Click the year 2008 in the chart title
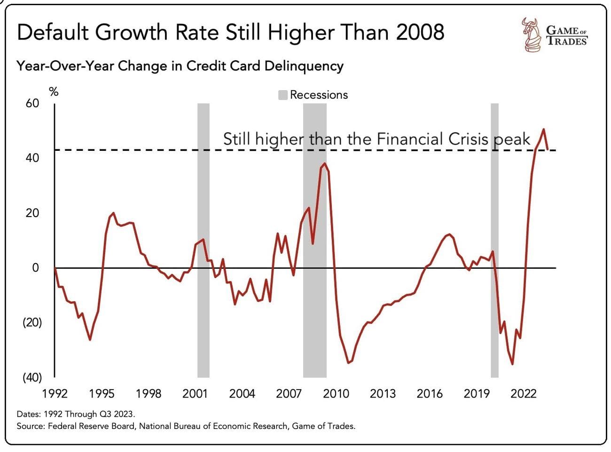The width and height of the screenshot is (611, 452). (x=420, y=32)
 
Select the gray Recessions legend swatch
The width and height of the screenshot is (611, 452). (x=282, y=95)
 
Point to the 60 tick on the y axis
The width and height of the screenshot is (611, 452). (x=32, y=103)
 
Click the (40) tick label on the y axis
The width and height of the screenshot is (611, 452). (x=32, y=377)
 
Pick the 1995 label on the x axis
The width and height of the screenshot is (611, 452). (x=102, y=394)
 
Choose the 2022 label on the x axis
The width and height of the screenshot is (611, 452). (x=523, y=394)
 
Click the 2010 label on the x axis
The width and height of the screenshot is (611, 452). (x=336, y=394)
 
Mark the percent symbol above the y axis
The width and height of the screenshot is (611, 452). (x=54, y=92)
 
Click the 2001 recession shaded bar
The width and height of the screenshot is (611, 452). (x=203, y=240)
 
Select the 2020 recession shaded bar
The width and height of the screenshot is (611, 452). (x=494, y=240)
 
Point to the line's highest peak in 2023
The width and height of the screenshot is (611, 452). (x=544, y=129)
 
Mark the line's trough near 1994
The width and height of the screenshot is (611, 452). (x=90, y=340)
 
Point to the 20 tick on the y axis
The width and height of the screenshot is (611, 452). (x=32, y=213)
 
